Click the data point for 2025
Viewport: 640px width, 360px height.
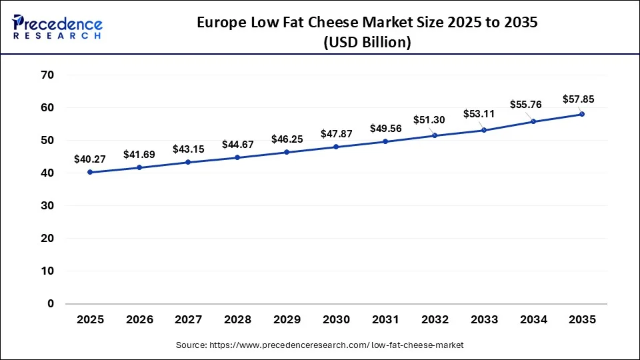click(90, 172)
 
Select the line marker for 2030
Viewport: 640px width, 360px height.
click(336, 147)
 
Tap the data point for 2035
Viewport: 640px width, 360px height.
click(582, 114)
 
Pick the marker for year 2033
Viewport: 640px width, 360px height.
click(484, 130)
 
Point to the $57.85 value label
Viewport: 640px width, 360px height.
click(579, 99)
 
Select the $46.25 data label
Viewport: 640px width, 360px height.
click(287, 139)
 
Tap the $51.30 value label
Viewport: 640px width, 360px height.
click(435, 120)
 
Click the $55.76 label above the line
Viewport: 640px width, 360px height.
click(526, 104)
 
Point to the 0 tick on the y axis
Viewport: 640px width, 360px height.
click(51, 304)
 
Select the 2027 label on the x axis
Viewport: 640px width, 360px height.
click(189, 320)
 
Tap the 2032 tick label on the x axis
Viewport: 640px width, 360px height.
click(435, 320)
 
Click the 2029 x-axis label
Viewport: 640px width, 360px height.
click(287, 320)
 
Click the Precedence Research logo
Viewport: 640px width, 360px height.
click(57, 27)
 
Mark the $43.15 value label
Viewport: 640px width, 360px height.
click(189, 149)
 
